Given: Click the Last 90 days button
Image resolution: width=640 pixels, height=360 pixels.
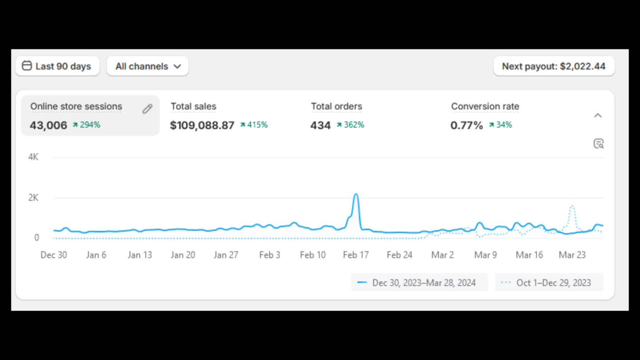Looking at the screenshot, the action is click(57, 66).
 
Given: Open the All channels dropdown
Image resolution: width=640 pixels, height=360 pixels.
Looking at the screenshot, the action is click(148, 66).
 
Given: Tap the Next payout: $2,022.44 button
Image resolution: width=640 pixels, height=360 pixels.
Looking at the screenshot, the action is click(554, 66).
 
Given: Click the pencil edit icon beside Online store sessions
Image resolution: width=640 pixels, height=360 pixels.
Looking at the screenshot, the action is click(148, 108).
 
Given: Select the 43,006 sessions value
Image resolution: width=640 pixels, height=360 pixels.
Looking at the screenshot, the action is click(48, 125).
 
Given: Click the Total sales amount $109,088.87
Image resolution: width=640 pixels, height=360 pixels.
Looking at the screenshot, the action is click(202, 125).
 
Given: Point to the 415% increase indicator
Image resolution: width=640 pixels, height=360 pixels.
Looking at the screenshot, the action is click(254, 125).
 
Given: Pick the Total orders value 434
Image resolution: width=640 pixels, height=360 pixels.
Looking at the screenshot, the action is click(320, 125).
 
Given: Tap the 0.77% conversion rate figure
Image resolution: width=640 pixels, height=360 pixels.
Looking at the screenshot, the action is click(467, 125).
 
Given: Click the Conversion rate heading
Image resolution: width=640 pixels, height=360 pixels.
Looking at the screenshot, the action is click(485, 106).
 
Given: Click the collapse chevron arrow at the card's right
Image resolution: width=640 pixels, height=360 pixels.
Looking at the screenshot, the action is click(598, 116).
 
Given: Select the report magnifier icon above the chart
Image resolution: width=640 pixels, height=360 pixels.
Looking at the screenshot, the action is click(599, 144).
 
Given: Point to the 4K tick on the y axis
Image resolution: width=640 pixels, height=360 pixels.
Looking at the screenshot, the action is click(33, 157).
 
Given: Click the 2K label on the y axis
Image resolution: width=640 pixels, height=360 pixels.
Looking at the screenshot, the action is click(33, 197).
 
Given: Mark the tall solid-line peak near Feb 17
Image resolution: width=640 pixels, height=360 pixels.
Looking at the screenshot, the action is click(356, 195).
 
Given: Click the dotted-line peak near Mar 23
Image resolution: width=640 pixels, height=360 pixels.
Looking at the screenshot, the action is click(572, 206).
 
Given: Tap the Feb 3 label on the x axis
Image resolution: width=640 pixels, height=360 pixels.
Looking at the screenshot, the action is click(270, 255).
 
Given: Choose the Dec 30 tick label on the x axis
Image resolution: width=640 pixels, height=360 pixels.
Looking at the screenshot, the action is click(54, 255).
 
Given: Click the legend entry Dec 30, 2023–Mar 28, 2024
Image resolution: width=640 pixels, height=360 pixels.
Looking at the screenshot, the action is click(420, 283).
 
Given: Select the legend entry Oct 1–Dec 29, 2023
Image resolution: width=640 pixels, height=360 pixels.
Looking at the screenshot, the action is click(549, 283).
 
